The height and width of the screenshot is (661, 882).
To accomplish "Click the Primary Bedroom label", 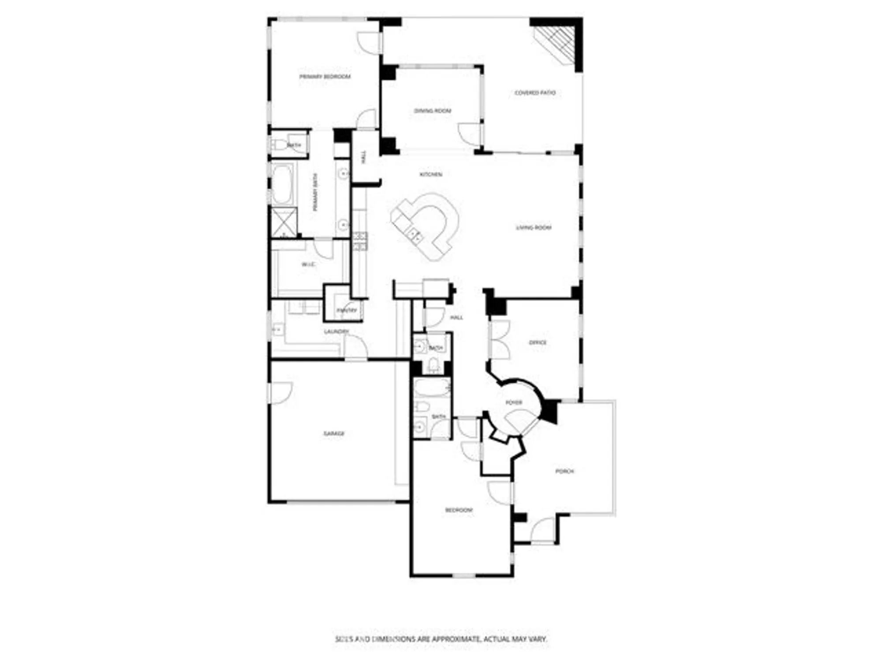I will (x=325, y=77).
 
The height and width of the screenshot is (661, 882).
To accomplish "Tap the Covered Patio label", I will (x=535, y=93).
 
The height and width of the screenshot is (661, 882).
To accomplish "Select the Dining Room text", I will (x=433, y=111).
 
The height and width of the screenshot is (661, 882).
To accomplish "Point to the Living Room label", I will (x=534, y=227).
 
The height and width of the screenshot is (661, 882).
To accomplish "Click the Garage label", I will (x=333, y=434).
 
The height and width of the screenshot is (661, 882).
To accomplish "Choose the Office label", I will (x=538, y=342).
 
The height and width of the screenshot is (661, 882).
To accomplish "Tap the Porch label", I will (x=564, y=471).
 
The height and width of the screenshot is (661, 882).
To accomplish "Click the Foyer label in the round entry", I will (x=514, y=402).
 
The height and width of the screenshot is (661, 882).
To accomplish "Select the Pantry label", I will (x=347, y=310).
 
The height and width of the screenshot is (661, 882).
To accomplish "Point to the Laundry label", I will (x=336, y=331).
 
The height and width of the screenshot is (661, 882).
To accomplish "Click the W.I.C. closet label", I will (x=308, y=264).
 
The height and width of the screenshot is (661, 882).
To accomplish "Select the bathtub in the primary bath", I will (x=282, y=184).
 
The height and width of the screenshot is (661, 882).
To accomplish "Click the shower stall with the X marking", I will (x=283, y=223).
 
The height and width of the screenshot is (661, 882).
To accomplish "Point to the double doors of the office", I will (x=500, y=340).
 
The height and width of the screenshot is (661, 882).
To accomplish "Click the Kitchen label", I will (x=430, y=175).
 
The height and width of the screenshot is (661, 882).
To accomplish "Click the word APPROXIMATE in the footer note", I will (x=456, y=639).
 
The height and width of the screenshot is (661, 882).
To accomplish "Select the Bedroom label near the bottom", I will (x=459, y=510).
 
